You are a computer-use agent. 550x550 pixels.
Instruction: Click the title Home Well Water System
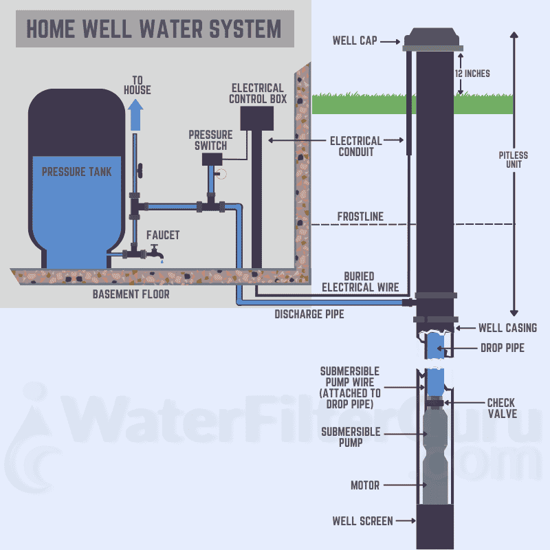point(154,29)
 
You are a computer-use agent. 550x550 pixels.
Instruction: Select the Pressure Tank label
point(77,171)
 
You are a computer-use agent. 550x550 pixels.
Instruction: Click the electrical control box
point(257,118)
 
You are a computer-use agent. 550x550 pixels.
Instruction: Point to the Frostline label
point(360,217)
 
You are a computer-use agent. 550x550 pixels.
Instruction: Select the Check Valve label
point(501,408)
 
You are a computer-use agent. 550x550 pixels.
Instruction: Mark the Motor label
point(365,485)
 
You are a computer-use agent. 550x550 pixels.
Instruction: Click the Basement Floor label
point(131,294)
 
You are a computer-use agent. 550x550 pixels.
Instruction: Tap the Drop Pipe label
point(502,348)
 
